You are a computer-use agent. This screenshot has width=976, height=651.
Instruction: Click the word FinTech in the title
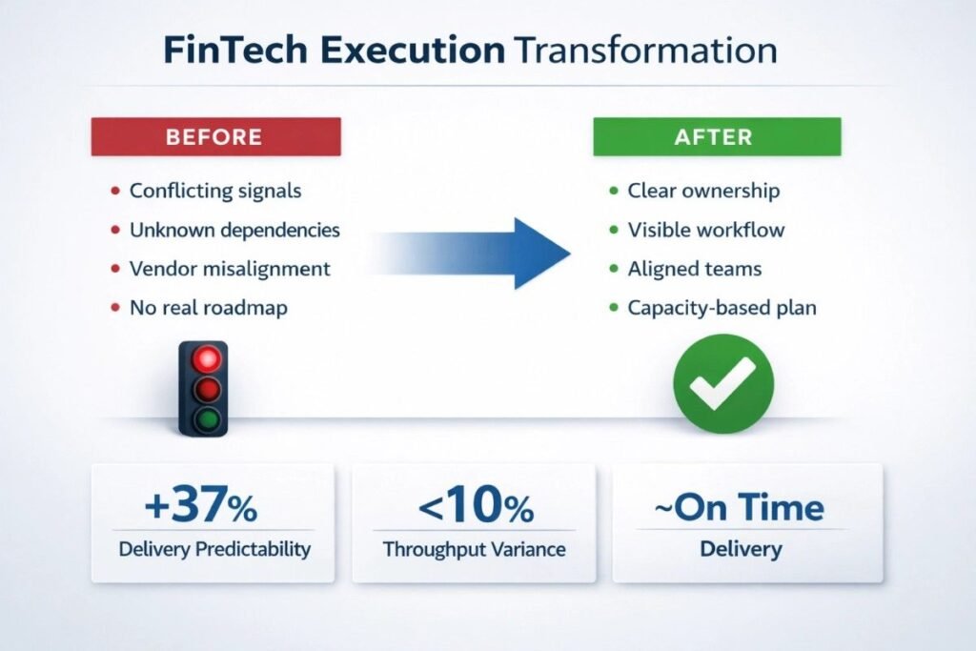tap(235, 51)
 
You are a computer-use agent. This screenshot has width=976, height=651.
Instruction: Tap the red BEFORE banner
tap(216, 136)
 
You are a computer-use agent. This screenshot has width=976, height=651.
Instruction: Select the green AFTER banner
tap(717, 136)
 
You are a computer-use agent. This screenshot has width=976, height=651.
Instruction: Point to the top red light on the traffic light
tap(207, 359)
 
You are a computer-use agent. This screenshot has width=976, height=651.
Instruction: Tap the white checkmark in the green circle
tap(723, 383)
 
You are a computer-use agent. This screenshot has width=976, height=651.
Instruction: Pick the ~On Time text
tap(740, 507)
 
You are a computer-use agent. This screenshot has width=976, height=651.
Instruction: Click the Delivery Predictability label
tap(214, 549)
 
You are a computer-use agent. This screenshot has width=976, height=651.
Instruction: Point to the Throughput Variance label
tap(475, 550)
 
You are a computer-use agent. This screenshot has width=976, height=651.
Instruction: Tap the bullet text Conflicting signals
tap(215, 191)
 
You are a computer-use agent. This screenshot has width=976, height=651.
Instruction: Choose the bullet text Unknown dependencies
tap(234, 231)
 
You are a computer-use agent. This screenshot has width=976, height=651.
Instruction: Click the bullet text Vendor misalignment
tap(230, 269)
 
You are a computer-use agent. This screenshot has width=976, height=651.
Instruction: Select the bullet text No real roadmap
tap(209, 308)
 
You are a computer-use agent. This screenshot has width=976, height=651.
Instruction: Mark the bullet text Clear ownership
tap(703, 191)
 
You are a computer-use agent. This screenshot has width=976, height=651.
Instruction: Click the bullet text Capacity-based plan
tap(722, 308)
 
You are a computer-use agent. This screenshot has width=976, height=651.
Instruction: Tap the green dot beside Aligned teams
tap(615, 269)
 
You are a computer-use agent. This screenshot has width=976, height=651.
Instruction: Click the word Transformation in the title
tap(646, 51)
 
